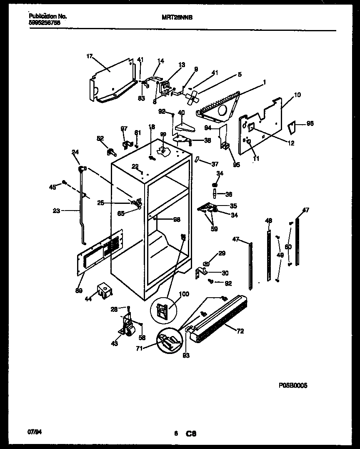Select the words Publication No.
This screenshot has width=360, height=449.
pos(48,17)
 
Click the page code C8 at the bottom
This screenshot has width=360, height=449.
pos(191,434)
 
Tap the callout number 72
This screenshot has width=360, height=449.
pos(240,331)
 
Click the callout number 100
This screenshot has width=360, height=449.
pos(184,294)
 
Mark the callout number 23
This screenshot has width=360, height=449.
pos(57,211)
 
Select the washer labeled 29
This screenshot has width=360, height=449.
pos(207,264)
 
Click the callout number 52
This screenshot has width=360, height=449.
pos(100,138)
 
